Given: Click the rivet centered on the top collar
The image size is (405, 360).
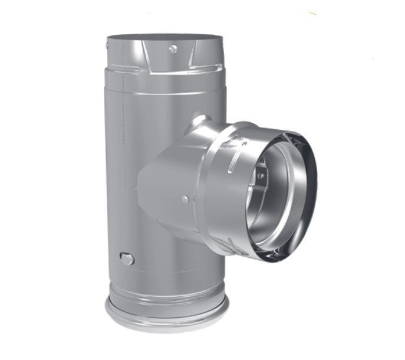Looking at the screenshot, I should [x=172, y=49].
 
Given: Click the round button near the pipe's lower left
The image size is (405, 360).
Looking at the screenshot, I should [x=126, y=258].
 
